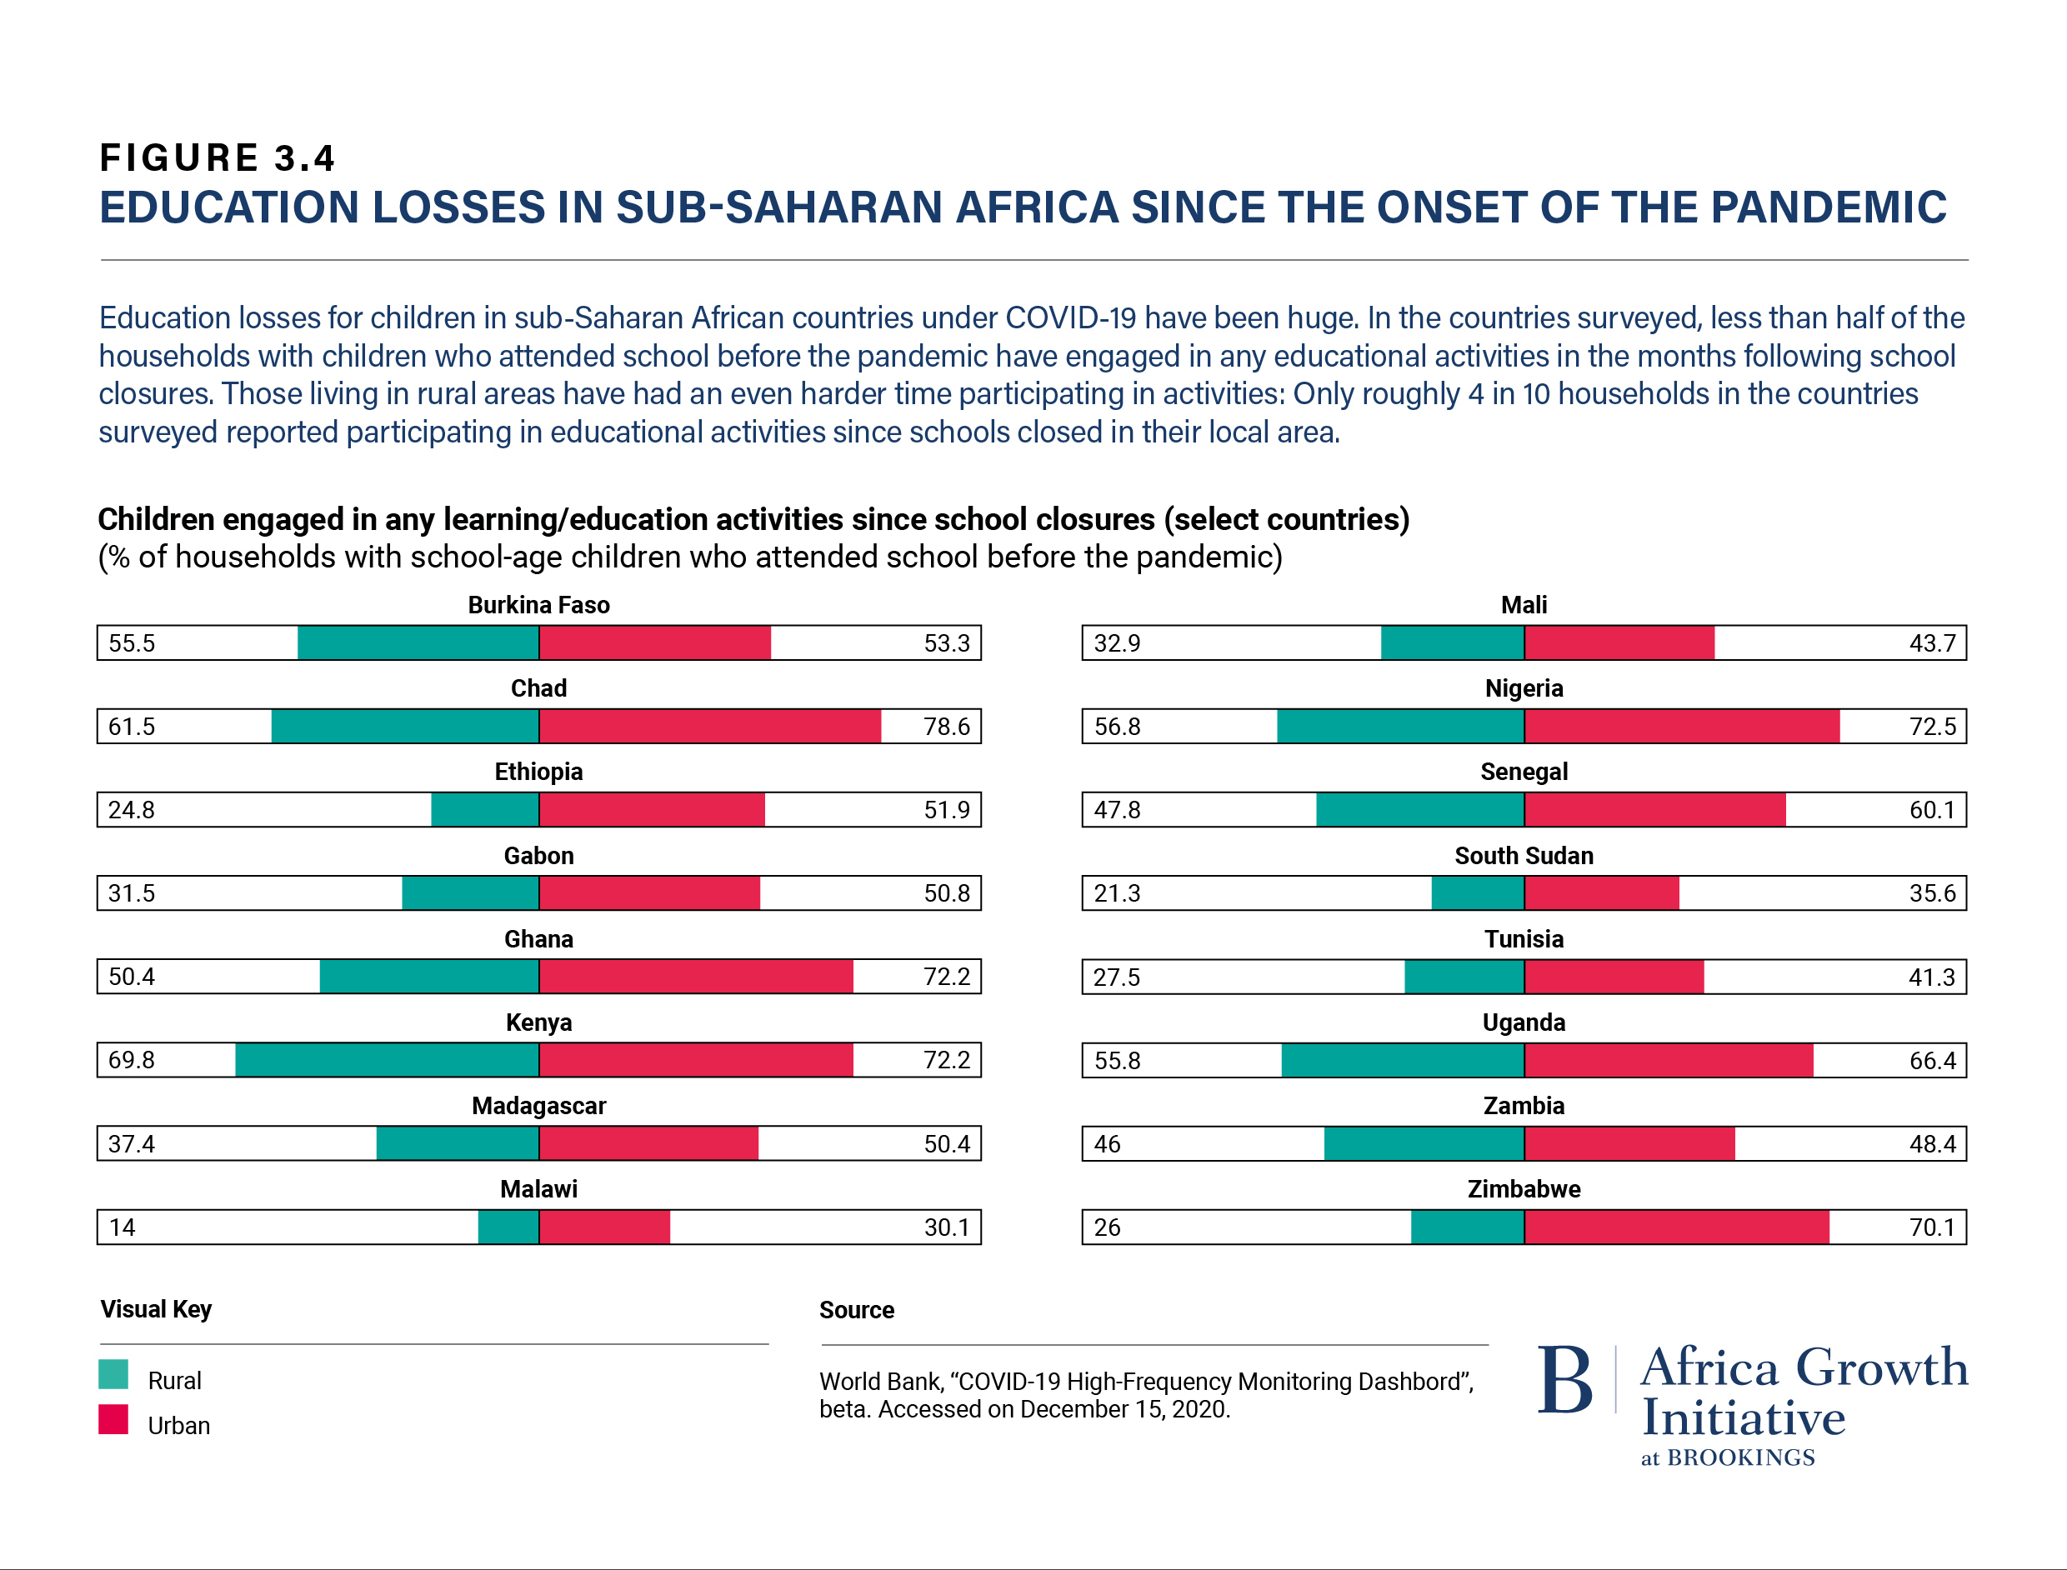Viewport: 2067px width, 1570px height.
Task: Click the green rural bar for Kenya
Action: pos(387,1060)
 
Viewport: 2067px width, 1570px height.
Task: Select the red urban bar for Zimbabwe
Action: pos(1676,1227)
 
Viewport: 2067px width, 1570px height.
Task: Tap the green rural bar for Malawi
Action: pos(508,1227)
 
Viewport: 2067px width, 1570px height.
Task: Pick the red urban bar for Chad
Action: pos(710,726)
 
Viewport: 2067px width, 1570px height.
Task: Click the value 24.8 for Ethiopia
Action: pos(132,809)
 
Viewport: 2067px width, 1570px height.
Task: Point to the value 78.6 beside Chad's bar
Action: pos(947,726)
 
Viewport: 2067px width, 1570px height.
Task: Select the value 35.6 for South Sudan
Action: pos(1931,893)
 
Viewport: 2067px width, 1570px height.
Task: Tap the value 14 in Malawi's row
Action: pos(123,1227)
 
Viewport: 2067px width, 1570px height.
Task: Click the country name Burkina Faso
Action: pos(538,605)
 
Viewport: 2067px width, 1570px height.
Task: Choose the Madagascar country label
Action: pos(538,1106)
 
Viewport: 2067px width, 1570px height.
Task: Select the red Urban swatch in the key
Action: pos(113,1419)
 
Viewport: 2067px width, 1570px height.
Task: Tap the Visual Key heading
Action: pos(156,1309)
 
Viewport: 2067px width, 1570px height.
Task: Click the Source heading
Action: pos(856,1310)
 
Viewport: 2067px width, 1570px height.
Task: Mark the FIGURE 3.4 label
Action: pos(217,158)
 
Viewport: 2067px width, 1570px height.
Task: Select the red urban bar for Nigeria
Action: pos(1682,726)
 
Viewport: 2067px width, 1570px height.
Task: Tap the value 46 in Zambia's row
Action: pos(1108,1144)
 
